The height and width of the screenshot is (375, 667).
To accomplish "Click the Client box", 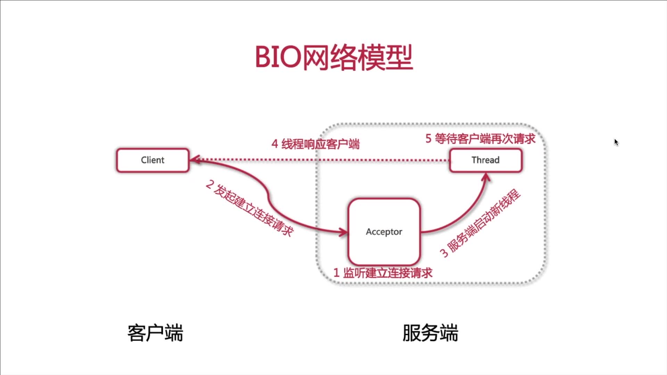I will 153,160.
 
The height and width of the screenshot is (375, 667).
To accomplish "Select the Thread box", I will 486,160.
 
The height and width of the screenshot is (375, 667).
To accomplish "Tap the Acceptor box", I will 384,232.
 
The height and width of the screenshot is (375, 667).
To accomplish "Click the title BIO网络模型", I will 334,58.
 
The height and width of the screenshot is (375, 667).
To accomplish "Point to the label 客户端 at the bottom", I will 155,333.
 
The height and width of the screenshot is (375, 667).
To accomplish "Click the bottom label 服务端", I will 430,333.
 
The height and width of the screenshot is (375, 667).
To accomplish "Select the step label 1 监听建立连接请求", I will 383,273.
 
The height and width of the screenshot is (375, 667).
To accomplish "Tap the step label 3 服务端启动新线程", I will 481,223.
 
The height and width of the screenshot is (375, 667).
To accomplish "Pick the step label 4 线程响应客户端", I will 315,144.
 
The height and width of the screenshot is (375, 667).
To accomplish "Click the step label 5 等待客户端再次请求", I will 480,139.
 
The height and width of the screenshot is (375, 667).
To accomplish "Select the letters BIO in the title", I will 278,58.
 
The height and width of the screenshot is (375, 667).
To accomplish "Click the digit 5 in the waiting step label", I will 428,139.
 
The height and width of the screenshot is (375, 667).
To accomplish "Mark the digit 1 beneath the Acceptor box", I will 336,273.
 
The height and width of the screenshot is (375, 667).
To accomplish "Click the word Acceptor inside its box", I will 384,232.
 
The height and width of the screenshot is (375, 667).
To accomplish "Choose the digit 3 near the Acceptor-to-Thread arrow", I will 444,252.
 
